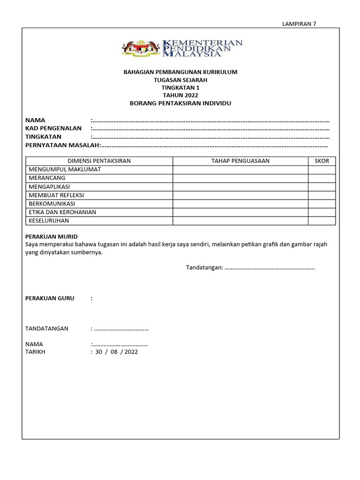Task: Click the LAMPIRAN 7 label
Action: (299, 24)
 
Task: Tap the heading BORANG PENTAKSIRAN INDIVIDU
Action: (180, 103)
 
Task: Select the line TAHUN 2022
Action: (180, 95)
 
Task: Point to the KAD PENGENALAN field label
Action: (53, 128)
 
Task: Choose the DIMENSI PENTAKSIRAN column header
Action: (99, 161)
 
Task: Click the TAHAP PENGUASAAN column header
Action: (240, 161)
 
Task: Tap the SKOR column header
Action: (322, 161)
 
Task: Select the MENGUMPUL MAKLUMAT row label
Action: (65, 169)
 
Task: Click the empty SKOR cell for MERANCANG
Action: (322, 178)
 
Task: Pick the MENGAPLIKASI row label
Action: (49, 187)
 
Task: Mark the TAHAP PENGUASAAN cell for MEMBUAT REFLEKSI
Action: (240, 195)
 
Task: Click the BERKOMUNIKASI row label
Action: (52, 203)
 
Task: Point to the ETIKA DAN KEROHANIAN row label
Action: (62, 212)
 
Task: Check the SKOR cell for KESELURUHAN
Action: (322, 220)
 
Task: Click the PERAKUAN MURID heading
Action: (51, 236)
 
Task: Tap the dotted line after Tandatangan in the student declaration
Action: (270, 268)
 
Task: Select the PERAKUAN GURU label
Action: (49, 298)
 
